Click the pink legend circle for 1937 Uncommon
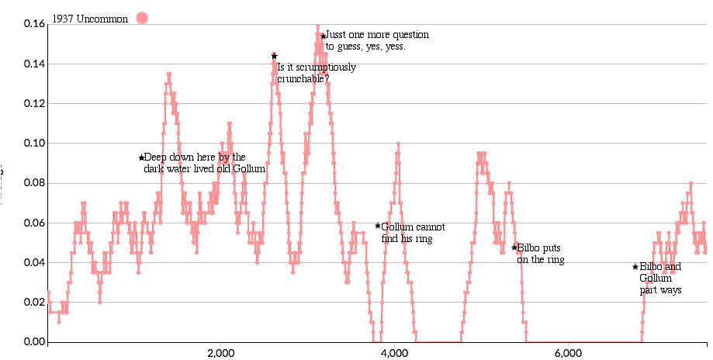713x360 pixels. (x=141, y=18)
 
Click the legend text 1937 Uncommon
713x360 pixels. (x=90, y=19)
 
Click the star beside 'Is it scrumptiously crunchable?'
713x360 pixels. (x=274, y=56)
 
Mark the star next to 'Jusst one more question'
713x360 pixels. (x=323, y=36)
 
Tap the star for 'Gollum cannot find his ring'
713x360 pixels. (x=378, y=226)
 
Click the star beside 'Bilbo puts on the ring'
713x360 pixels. (x=514, y=247)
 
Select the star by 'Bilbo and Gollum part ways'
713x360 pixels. (x=635, y=267)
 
